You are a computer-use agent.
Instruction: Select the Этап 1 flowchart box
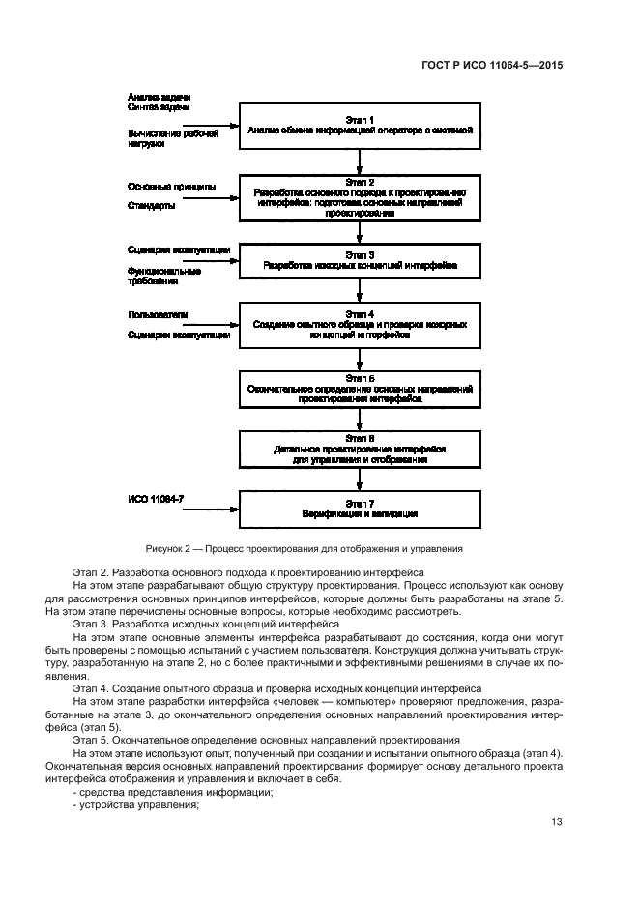coord(360,125)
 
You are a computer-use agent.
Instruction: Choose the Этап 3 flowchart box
coord(360,258)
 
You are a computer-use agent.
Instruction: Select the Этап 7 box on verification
coord(360,510)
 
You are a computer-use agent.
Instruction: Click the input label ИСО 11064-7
coord(155,500)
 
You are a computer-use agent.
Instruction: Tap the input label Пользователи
coord(158,314)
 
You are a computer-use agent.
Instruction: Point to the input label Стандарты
coord(152,206)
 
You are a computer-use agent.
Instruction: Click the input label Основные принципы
coord(171,186)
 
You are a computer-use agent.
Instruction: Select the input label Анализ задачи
coord(159,98)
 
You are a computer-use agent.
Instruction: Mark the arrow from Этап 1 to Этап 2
coord(360,160)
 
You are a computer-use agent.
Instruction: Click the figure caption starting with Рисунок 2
coord(304,548)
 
